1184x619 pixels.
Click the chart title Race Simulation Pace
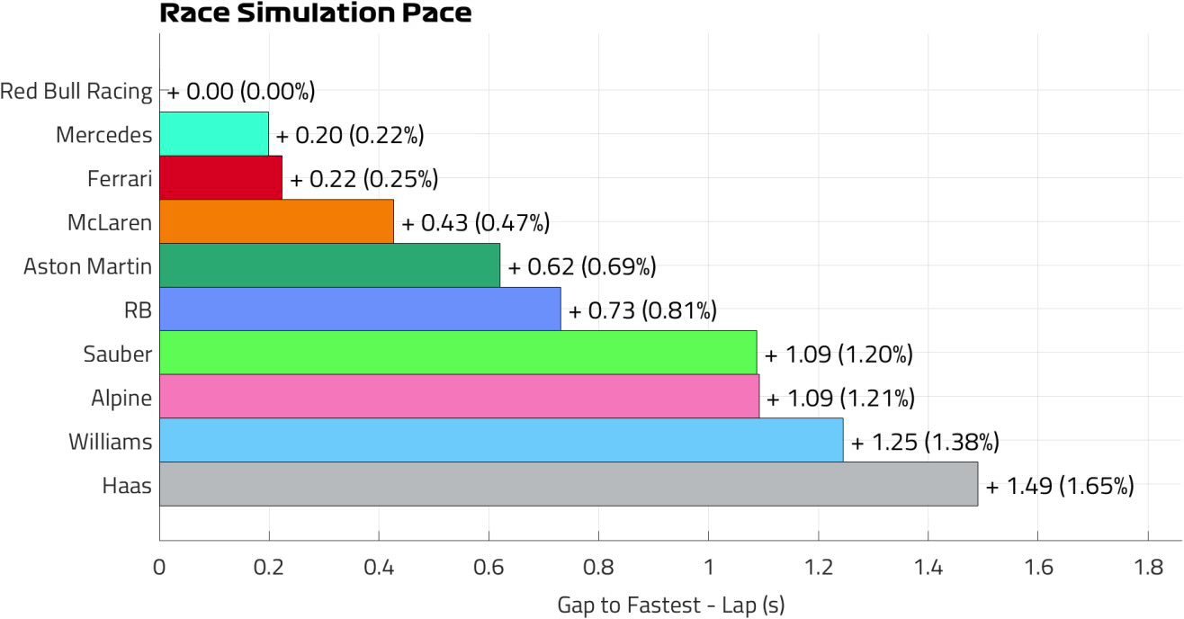(x=315, y=13)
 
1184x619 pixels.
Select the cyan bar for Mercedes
(x=214, y=134)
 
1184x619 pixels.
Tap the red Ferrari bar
(x=220, y=178)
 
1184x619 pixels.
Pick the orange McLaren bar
(x=276, y=222)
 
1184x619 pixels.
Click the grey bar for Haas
(x=569, y=485)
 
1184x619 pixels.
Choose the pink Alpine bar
(x=459, y=397)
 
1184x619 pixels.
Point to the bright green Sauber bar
(x=458, y=353)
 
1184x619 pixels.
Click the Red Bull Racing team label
(x=76, y=91)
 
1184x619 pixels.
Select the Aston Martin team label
(x=87, y=266)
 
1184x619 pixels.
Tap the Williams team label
(x=110, y=442)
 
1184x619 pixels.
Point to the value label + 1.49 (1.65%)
(x=1060, y=487)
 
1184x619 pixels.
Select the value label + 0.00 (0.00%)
(x=241, y=91)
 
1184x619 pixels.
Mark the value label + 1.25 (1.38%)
(x=925, y=443)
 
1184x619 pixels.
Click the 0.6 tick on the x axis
(x=489, y=568)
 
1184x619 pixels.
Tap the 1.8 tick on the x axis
(x=1147, y=568)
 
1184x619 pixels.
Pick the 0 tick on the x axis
(x=159, y=568)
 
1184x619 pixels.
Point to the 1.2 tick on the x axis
(x=818, y=568)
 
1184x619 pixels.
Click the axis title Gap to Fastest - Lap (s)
(x=670, y=605)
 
